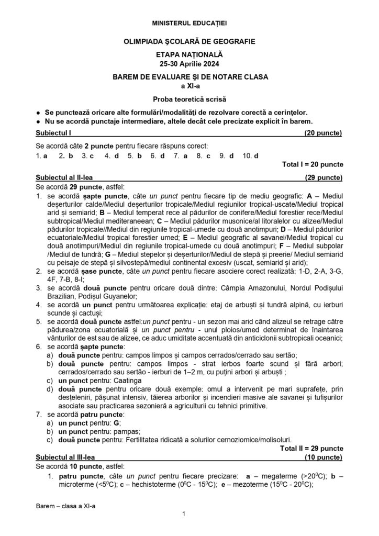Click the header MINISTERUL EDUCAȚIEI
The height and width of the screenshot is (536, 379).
pos(189,24)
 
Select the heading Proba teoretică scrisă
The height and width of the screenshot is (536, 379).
pos(189,99)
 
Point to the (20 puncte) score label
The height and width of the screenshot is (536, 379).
pos(323,133)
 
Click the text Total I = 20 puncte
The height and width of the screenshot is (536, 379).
pos(313,164)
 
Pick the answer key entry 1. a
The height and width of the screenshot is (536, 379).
pos(42,156)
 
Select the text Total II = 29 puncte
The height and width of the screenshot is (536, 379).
pos(311,448)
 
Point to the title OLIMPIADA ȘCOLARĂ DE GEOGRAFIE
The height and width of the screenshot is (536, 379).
pos(189,41)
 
